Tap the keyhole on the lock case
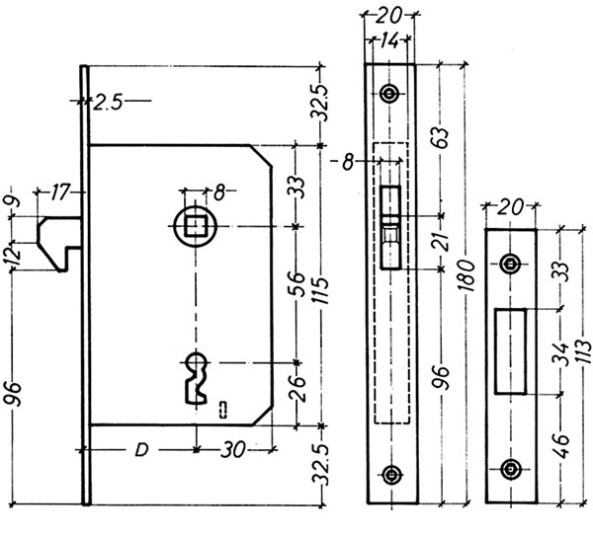tap(196, 373)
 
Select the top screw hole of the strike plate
tap(510, 264)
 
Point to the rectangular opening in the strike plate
tap(510, 351)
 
